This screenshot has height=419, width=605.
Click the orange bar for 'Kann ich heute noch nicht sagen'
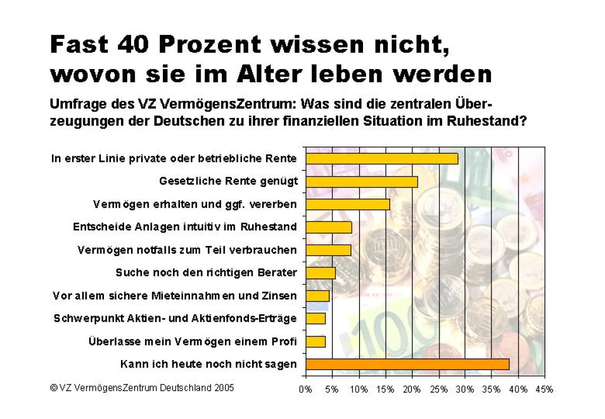pyautogui.click(x=407, y=364)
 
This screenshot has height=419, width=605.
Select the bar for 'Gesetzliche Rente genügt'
pyautogui.click(x=361, y=182)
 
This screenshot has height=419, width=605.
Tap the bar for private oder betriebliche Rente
pyautogui.click(x=382, y=158)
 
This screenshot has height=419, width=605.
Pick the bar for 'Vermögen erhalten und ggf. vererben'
pyautogui.click(x=348, y=204)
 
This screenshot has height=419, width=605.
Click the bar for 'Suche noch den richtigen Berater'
pyautogui.click(x=321, y=273)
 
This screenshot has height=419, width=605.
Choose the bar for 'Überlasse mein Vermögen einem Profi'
pyautogui.click(x=316, y=341)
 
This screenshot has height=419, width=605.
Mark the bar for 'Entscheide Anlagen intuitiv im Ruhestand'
pyautogui.click(x=329, y=227)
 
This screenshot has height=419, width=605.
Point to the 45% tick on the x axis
pyautogui.click(x=544, y=389)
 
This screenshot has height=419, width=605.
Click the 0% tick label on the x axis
pyautogui.click(x=306, y=389)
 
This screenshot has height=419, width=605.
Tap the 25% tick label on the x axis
pyautogui.click(x=438, y=389)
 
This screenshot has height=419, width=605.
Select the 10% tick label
pyautogui.click(x=358, y=389)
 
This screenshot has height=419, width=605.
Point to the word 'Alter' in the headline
pyautogui.click(x=259, y=74)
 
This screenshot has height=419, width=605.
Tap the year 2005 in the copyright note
pyautogui.click(x=224, y=388)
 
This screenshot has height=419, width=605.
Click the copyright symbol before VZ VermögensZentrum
pyautogui.click(x=53, y=388)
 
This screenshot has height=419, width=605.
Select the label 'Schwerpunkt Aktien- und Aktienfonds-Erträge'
pyautogui.click(x=175, y=319)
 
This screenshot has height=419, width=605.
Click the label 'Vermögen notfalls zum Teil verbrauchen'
pyautogui.click(x=187, y=250)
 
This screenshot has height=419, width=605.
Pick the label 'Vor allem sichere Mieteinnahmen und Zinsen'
pyautogui.click(x=174, y=295)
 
